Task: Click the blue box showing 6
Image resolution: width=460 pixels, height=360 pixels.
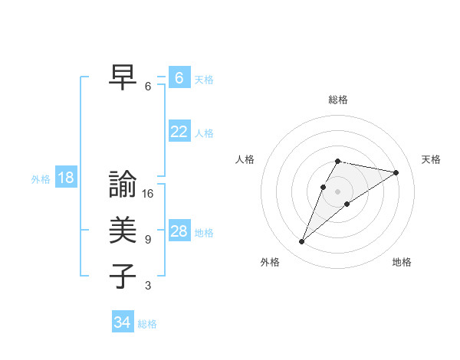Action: click(x=179, y=78)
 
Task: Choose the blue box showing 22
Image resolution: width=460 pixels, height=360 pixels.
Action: click(x=179, y=132)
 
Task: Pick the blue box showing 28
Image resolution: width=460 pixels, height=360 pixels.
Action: click(x=179, y=231)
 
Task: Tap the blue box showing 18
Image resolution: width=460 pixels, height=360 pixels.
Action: click(x=66, y=178)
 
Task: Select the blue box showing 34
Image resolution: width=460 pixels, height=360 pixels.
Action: click(x=122, y=323)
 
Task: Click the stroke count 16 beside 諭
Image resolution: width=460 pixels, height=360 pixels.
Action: click(x=148, y=194)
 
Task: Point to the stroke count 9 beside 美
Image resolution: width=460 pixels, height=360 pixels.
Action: click(x=148, y=240)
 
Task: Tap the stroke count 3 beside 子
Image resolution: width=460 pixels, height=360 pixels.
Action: click(x=148, y=286)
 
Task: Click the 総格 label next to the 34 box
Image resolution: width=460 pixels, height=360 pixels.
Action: click(x=147, y=324)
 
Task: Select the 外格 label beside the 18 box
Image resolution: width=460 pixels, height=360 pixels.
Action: click(x=41, y=179)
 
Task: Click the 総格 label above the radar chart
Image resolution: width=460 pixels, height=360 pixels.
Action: click(x=338, y=100)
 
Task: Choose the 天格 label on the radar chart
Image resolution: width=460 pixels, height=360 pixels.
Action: click(x=431, y=159)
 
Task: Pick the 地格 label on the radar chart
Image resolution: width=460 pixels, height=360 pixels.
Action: click(x=402, y=262)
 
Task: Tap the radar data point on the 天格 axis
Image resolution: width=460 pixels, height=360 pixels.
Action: click(x=396, y=172)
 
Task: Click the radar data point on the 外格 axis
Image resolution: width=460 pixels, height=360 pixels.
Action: click(x=301, y=242)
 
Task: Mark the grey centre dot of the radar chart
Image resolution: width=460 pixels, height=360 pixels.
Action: click(x=338, y=191)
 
